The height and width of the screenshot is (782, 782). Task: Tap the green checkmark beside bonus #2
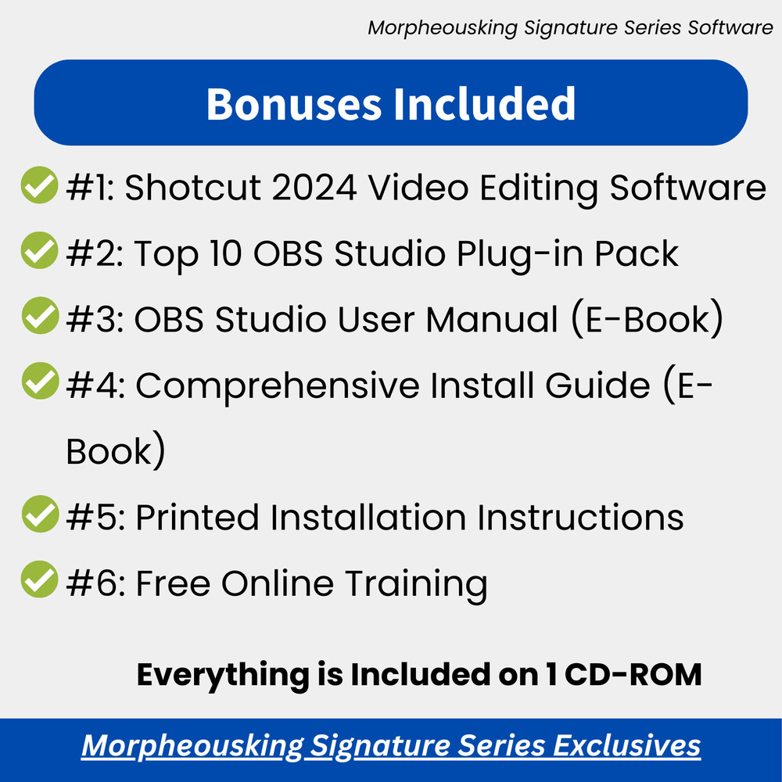(x=39, y=251)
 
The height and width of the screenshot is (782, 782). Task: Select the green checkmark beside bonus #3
(x=39, y=317)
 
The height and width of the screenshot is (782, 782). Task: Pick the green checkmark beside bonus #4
(x=39, y=383)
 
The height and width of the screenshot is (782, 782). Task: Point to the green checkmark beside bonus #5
(x=39, y=515)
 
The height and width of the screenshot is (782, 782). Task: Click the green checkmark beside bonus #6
(x=39, y=581)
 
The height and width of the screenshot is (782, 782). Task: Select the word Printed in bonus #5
(x=199, y=518)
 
